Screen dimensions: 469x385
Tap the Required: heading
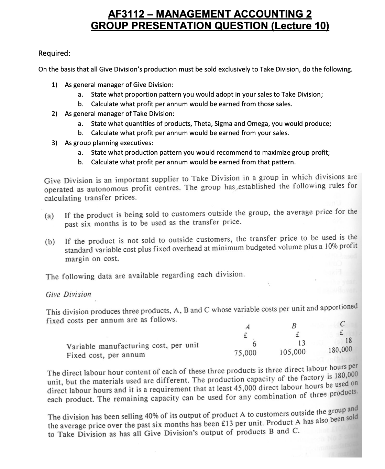click(55, 53)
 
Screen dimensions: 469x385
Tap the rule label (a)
click(50, 217)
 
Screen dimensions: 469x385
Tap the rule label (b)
click(50, 241)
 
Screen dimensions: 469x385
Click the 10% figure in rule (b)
click(331, 247)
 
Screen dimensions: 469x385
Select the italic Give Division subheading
click(68, 294)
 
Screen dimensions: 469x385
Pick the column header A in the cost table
click(246, 327)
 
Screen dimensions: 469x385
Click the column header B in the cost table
click(294, 326)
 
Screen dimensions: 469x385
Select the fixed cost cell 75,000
click(245, 353)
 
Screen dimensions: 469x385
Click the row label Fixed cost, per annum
click(106, 355)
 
